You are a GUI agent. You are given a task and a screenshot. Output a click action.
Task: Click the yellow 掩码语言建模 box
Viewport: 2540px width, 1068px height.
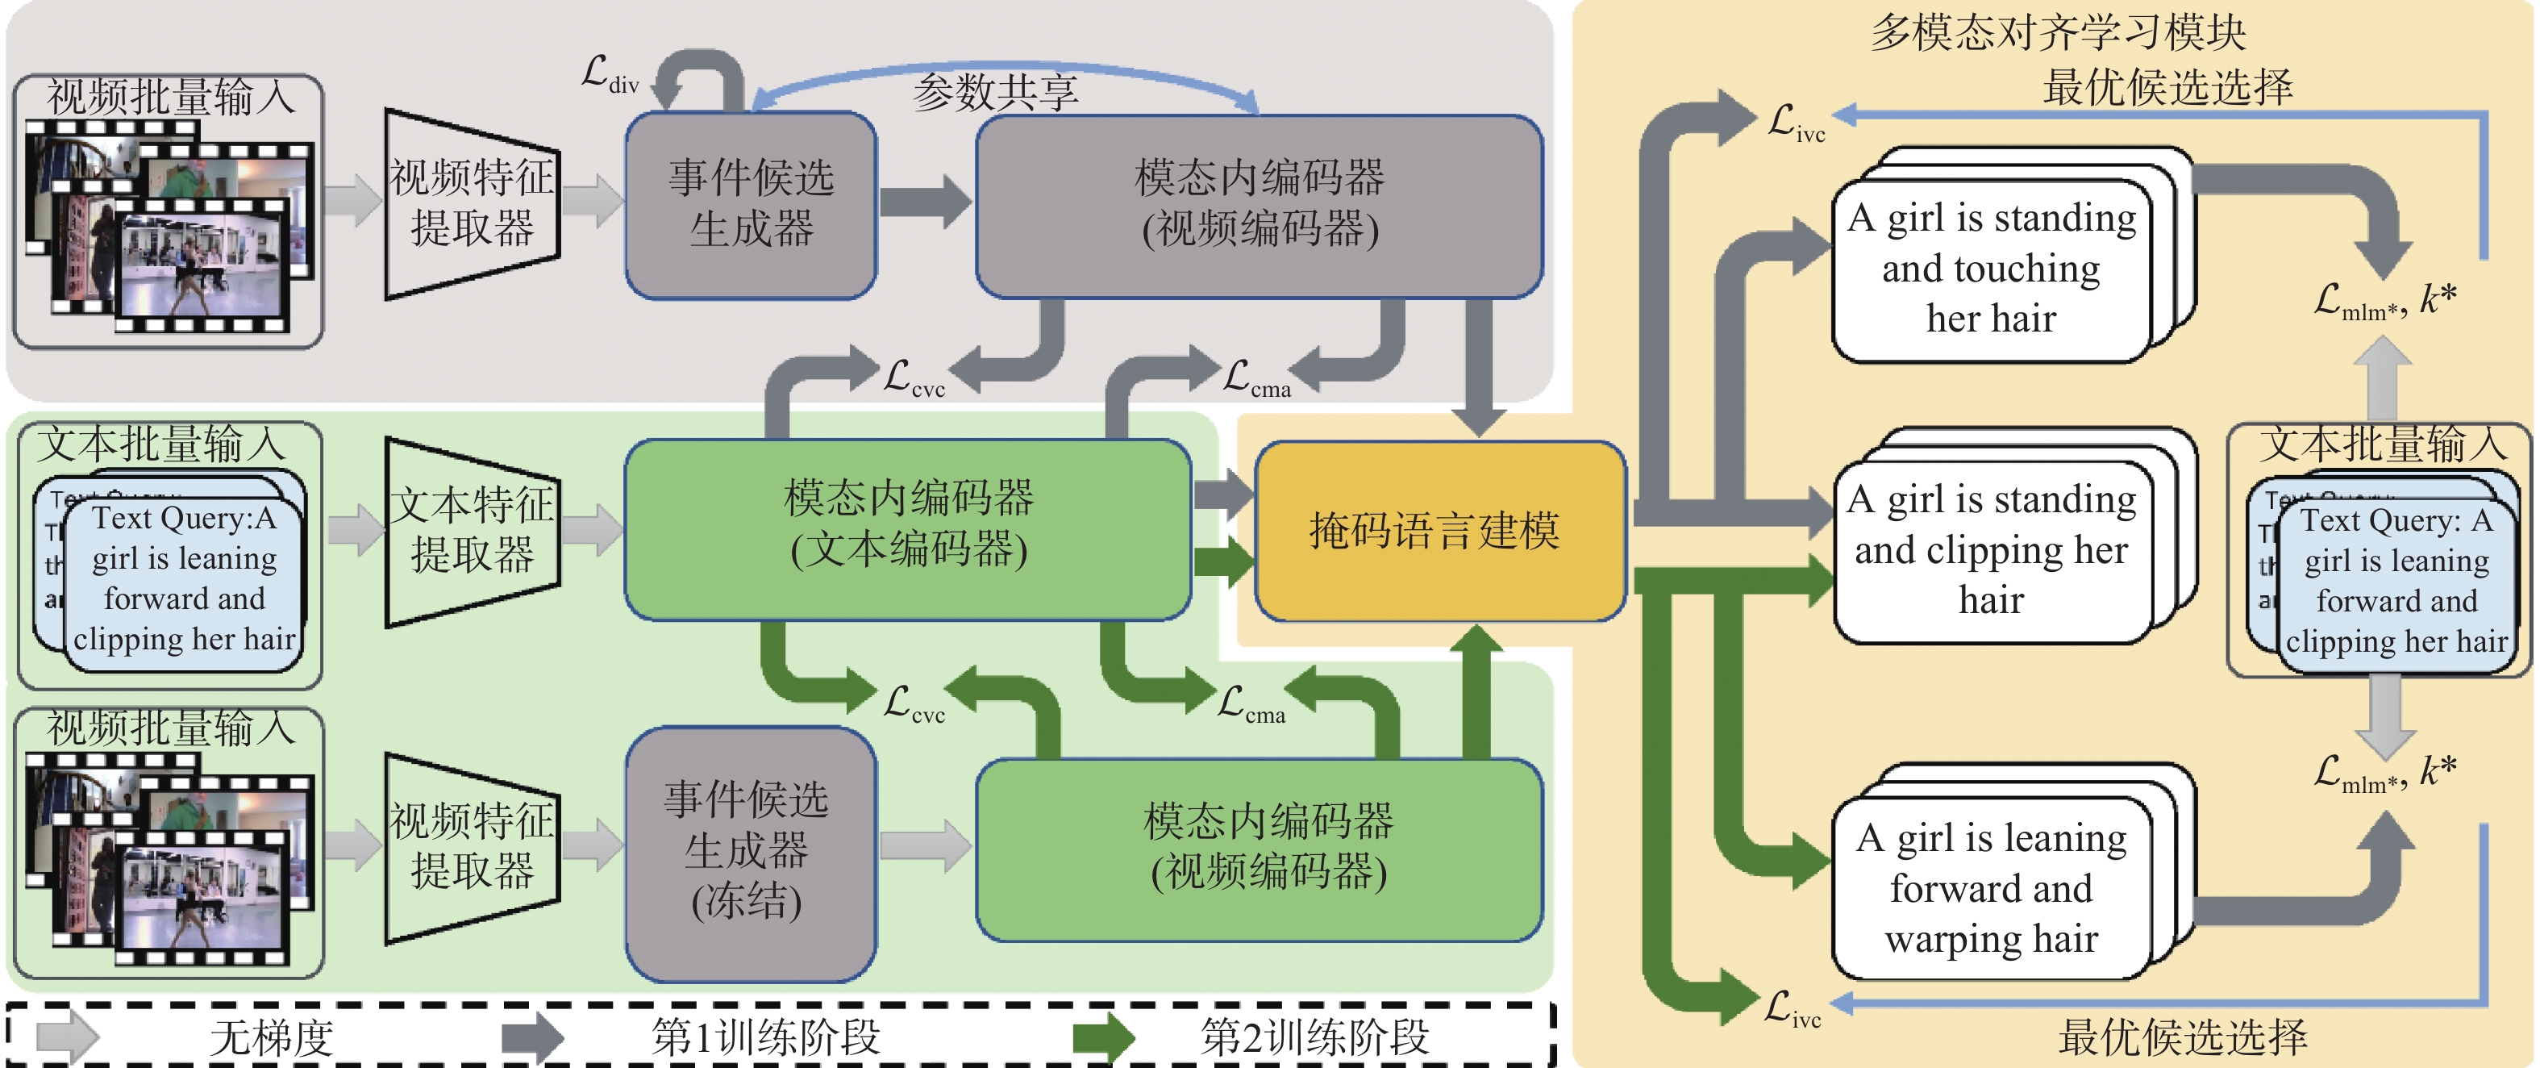pyautogui.click(x=1439, y=531)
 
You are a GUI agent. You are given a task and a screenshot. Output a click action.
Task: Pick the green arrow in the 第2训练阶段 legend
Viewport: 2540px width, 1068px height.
pyautogui.click(x=1105, y=1037)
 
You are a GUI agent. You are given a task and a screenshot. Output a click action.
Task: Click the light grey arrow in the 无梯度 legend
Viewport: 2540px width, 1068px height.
pyautogui.click(x=67, y=1037)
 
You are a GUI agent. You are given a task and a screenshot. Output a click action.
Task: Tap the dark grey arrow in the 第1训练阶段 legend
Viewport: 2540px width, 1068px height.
pyautogui.click(x=532, y=1037)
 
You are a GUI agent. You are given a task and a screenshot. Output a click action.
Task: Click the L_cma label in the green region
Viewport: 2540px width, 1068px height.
pyautogui.click(x=1251, y=706)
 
